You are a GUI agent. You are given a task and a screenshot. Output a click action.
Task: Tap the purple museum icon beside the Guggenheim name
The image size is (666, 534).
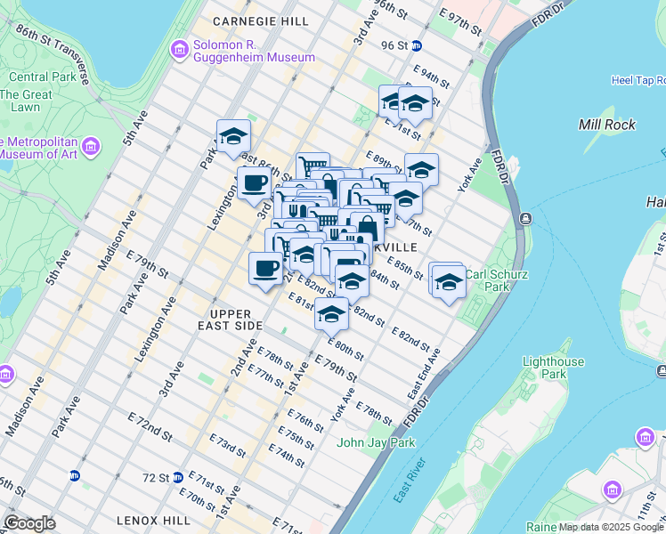point(179,45)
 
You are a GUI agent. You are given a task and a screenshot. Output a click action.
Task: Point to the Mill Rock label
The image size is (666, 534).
point(607,125)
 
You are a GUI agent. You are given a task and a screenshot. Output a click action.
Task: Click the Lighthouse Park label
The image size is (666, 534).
point(553,368)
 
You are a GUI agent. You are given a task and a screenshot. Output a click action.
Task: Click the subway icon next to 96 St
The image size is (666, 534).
point(416,45)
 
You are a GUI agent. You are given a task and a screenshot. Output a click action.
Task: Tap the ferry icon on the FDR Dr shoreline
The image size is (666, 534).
point(525,218)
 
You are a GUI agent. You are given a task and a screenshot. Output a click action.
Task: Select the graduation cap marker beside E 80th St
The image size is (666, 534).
point(332,313)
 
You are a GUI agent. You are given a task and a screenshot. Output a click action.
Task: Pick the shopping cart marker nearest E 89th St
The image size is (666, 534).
point(313,166)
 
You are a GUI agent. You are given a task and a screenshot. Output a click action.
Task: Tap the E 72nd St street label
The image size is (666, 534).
point(149,430)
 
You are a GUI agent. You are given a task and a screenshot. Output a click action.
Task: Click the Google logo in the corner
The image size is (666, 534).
point(29,523)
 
